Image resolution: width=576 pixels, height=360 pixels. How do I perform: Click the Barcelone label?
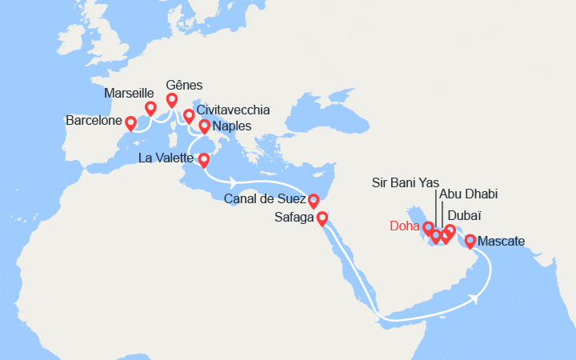95,122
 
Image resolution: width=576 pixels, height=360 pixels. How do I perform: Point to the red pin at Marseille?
150,107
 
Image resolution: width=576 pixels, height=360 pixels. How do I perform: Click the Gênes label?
184,85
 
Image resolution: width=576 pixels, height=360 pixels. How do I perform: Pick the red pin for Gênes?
171,99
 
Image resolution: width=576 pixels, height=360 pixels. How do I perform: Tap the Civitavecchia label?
232,110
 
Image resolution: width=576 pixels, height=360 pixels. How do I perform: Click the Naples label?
233,126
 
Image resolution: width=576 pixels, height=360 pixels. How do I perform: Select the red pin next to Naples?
204,126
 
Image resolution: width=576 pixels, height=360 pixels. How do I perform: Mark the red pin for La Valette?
203,159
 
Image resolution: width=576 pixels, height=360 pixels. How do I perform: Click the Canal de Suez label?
264,198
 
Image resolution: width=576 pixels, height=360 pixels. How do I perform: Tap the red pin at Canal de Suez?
314,199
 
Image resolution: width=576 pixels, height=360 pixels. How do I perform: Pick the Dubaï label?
465,215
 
